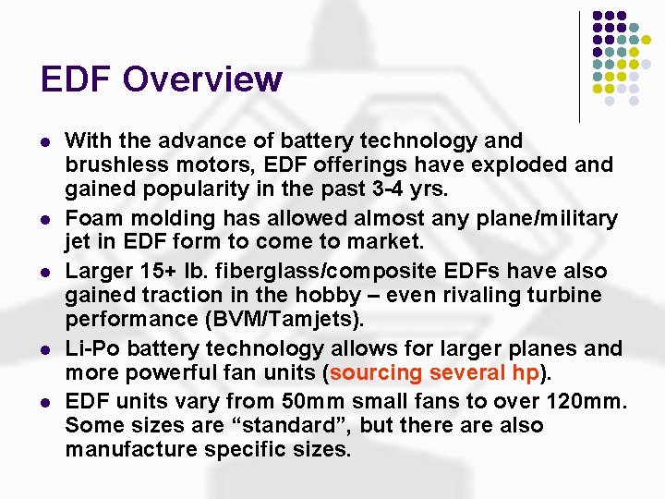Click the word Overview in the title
point(202,79)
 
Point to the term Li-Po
point(90,347)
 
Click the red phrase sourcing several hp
point(433,373)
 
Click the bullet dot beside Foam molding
point(46,218)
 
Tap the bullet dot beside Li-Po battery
point(46,348)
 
